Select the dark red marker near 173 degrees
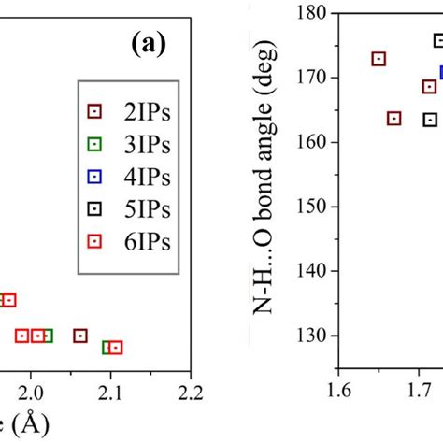point(379,59)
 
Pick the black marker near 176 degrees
point(439,40)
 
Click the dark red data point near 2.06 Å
point(80,336)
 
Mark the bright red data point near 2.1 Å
point(116,348)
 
